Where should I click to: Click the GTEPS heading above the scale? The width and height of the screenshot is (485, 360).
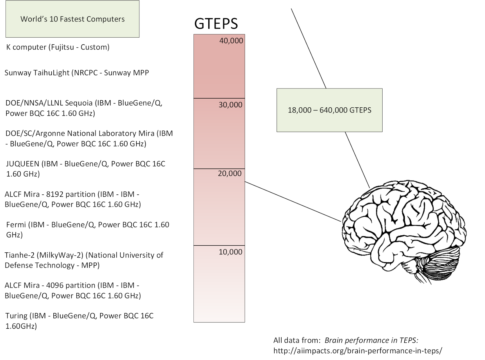tap(216, 24)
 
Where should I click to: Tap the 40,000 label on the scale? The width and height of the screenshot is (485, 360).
tap(231, 41)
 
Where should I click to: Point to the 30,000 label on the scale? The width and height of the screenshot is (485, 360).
tap(230, 105)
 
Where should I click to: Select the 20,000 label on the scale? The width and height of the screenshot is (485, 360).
tap(229, 173)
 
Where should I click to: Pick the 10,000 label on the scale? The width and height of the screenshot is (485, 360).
tap(230, 252)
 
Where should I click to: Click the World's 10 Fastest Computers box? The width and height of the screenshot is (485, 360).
tap(72, 19)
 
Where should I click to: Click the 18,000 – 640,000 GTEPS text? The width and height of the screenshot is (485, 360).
tap(329, 110)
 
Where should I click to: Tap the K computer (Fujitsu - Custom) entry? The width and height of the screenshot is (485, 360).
tap(58, 47)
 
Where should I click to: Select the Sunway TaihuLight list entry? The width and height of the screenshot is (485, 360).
tap(76, 73)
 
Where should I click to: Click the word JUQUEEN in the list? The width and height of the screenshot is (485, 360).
tap(23, 164)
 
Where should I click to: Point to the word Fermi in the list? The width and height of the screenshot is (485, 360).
tap(16, 225)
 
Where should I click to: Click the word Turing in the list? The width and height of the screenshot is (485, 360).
tap(17, 316)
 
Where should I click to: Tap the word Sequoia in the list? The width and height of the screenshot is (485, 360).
tap(80, 103)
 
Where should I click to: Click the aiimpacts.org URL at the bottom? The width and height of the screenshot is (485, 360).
tap(357, 351)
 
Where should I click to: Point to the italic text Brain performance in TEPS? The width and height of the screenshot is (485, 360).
tap(371, 340)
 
